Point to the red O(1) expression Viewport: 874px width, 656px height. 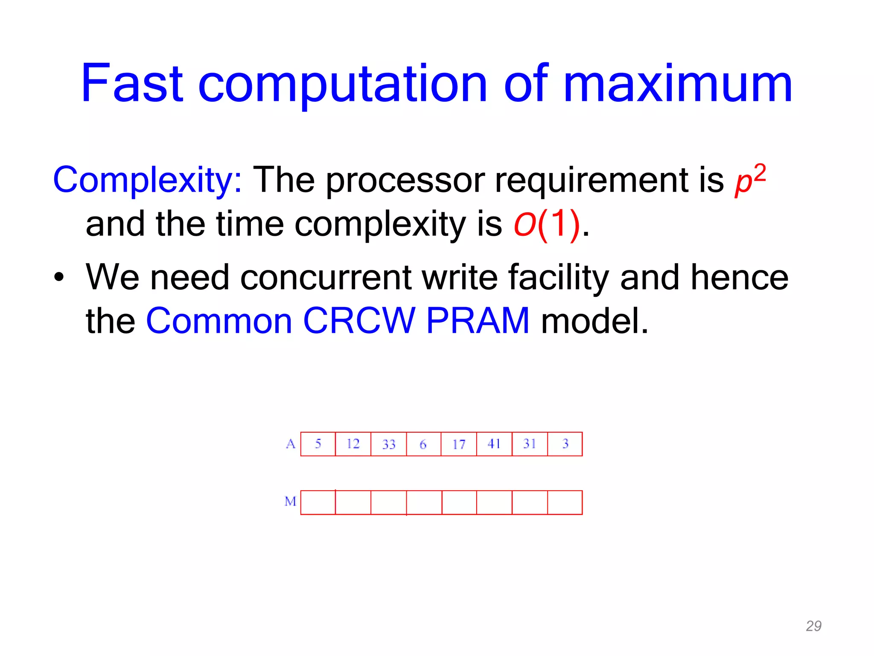(x=547, y=224)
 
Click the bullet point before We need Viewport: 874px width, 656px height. (x=59, y=278)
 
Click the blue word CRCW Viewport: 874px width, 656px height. (x=359, y=321)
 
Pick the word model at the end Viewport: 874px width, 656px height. (x=594, y=321)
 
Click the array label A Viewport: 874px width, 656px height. (x=291, y=444)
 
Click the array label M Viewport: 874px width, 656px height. (x=290, y=501)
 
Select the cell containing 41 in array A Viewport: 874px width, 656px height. (x=494, y=444)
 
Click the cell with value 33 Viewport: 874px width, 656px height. (x=389, y=444)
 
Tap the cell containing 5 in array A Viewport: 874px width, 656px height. (x=318, y=444)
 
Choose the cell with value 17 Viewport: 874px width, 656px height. (x=459, y=444)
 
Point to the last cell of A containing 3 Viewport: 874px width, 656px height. (x=565, y=444)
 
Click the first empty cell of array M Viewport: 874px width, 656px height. (x=318, y=503)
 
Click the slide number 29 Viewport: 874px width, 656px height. (x=813, y=626)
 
